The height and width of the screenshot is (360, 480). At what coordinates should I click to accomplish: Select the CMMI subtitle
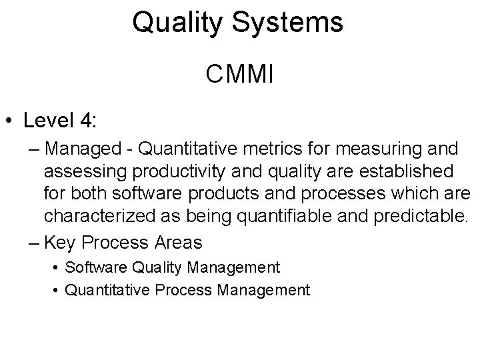tap(239, 74)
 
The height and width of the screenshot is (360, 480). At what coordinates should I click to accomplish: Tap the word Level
tap(51, 121)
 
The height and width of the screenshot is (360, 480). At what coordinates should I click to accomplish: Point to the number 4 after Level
tap(89, 121)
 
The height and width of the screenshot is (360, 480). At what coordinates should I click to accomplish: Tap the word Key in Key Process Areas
tap(63, 240)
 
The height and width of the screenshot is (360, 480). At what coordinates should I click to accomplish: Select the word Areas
tap(179, 240)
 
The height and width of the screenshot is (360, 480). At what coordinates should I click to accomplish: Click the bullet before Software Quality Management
tap(55, 268)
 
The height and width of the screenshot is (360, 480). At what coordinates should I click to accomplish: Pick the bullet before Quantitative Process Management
tap(55, 289)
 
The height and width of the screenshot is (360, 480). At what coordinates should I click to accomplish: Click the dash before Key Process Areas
tap(34, 240)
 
